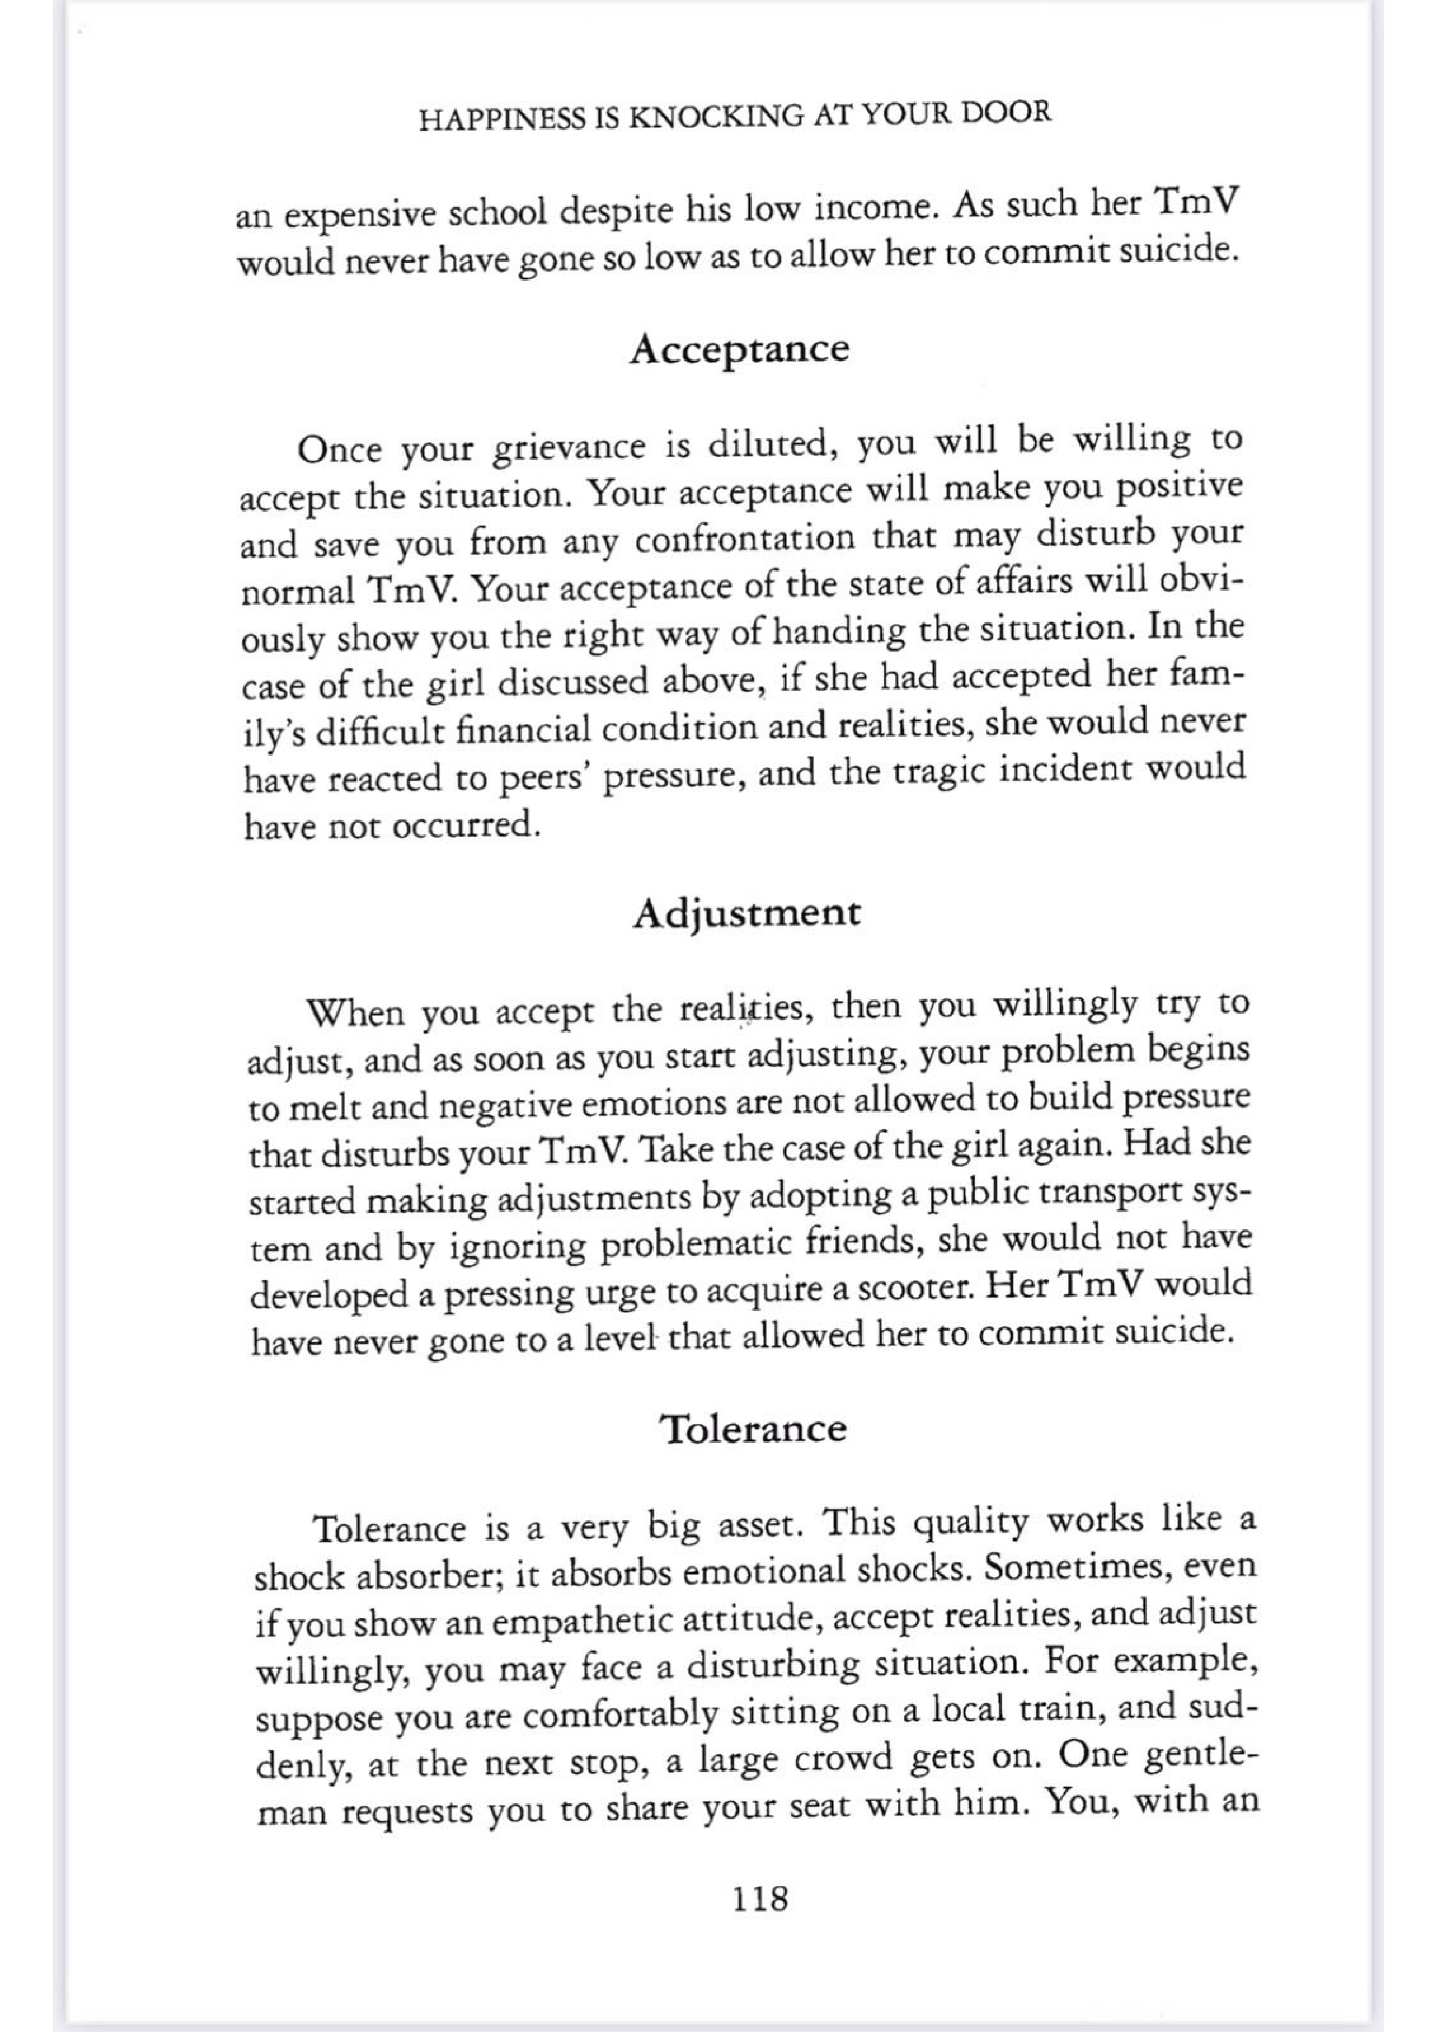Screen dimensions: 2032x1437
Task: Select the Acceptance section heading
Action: pos(739,350)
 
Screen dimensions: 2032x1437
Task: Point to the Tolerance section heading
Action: pos(754,1430)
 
